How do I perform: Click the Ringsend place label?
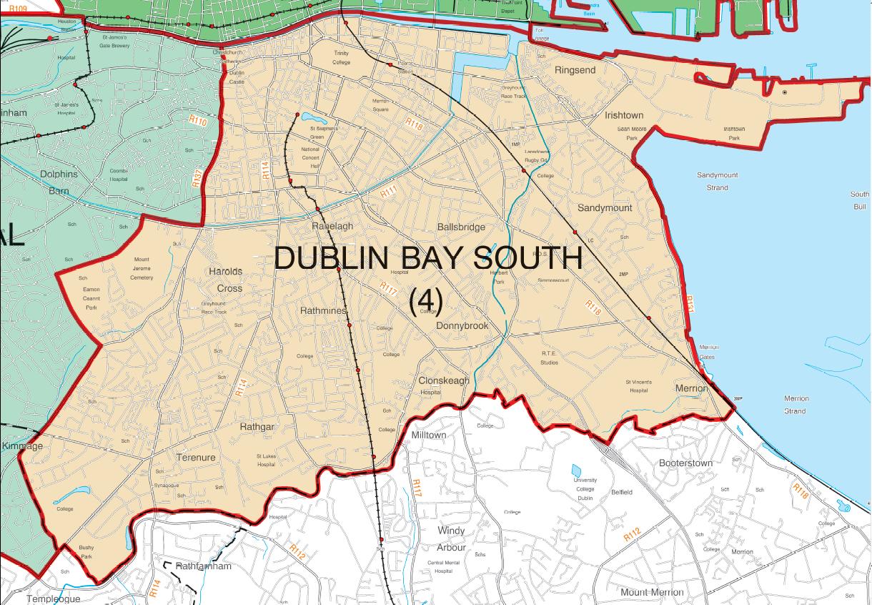[x=575, y=70]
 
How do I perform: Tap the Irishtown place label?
[x=624, y=115]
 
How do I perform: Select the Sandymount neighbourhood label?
[x=605, y=208]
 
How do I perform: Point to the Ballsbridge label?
[x=461, y=227]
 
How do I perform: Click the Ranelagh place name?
[x=332, y=226]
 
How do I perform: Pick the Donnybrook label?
[x=462, y=326]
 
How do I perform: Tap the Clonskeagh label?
[x=444, y=381]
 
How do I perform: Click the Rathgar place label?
[x=257, y=427]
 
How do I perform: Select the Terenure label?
[x=196, y=458]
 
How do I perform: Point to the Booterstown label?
[x=685, y=463]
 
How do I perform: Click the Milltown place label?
[x=429, y=435]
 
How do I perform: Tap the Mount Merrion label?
[x=652, y=592]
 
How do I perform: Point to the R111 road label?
[x=388, y=192]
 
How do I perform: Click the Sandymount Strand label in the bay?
[x=717, y=182]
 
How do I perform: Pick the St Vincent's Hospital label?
[x=638, y=386]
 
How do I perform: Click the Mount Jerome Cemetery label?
[x=142, y=268]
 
